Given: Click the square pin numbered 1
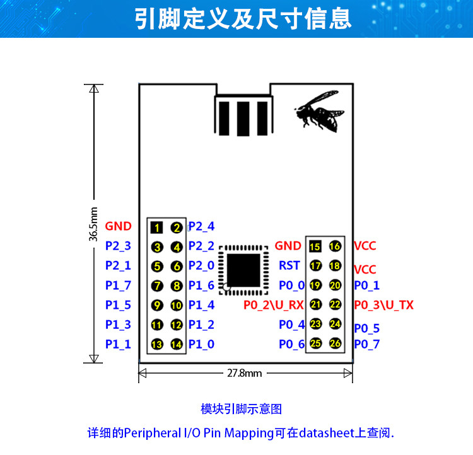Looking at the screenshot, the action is click(157, 227).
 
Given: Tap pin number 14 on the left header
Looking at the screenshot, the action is click(176, 344).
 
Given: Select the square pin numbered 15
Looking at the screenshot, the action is click(315, 246).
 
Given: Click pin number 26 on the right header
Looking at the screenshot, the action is click(335, 343).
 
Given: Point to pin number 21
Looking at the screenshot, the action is click(315, 304).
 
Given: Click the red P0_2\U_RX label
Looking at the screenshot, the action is click(274, 305).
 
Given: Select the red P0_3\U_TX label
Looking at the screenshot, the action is click(383, 305).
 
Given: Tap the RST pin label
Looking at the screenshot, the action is click(289, 266).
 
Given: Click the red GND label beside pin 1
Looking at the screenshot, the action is click(118, 226).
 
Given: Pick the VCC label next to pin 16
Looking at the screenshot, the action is click(365, 246).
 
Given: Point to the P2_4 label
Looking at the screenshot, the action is click(201, 226).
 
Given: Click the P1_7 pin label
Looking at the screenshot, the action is click(118, 285).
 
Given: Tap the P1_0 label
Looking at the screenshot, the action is click(201, 344).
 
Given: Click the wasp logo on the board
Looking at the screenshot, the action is click(320, 110).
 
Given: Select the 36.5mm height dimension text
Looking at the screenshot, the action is click(93, 224).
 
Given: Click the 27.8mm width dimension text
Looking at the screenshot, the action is click(244, 372).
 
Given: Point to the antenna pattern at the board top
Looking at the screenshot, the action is click(244, 115).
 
